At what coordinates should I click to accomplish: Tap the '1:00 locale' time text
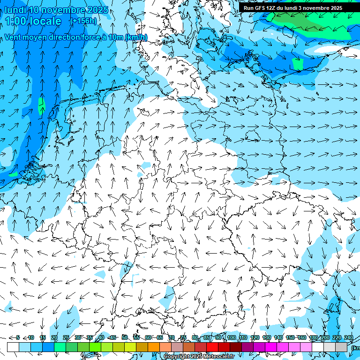pos(33,21)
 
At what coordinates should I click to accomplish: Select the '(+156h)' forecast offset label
pos(83,21)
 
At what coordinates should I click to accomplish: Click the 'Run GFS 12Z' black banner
pos(293,8)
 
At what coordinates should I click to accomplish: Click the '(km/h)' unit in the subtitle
pos(136,37)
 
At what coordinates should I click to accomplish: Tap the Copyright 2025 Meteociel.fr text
pos(199,356)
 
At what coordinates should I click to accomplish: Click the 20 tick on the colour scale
pos(54,337)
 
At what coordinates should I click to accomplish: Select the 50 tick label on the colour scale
pos(124,337)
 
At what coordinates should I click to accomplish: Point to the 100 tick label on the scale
pos(231,337)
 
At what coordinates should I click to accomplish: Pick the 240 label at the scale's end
pos(349,337)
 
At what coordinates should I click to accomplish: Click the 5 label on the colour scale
pos(18,337)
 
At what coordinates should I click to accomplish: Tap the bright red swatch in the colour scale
pos(213,347)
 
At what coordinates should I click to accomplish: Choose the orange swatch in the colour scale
pos(154,347)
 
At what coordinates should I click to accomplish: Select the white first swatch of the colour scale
pos(13,347)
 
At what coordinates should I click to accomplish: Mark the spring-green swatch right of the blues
pos(60,347)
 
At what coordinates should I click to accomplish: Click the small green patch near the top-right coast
pos(297,64)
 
